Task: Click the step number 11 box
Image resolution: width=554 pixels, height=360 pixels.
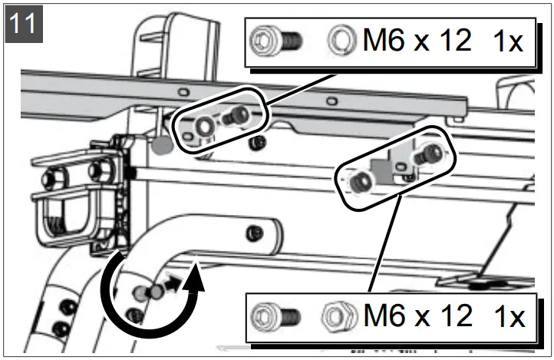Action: click(24, 24)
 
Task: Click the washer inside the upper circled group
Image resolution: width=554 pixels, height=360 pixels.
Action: click(205, 124)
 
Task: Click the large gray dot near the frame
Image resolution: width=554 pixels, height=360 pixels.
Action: click(162, 144)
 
